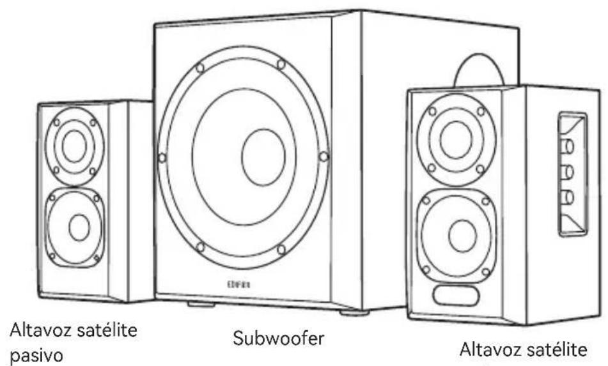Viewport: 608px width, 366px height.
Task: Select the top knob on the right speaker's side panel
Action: coord(568,146)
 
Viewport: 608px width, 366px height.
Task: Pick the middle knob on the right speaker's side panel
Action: coord(568,171)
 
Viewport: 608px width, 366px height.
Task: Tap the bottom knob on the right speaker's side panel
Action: coord(568,196)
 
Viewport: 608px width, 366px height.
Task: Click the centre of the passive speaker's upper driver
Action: coord(74,141)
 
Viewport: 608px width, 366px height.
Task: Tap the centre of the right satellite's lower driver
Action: coord(459,234)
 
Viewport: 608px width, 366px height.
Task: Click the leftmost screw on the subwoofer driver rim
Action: coord(162,157)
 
